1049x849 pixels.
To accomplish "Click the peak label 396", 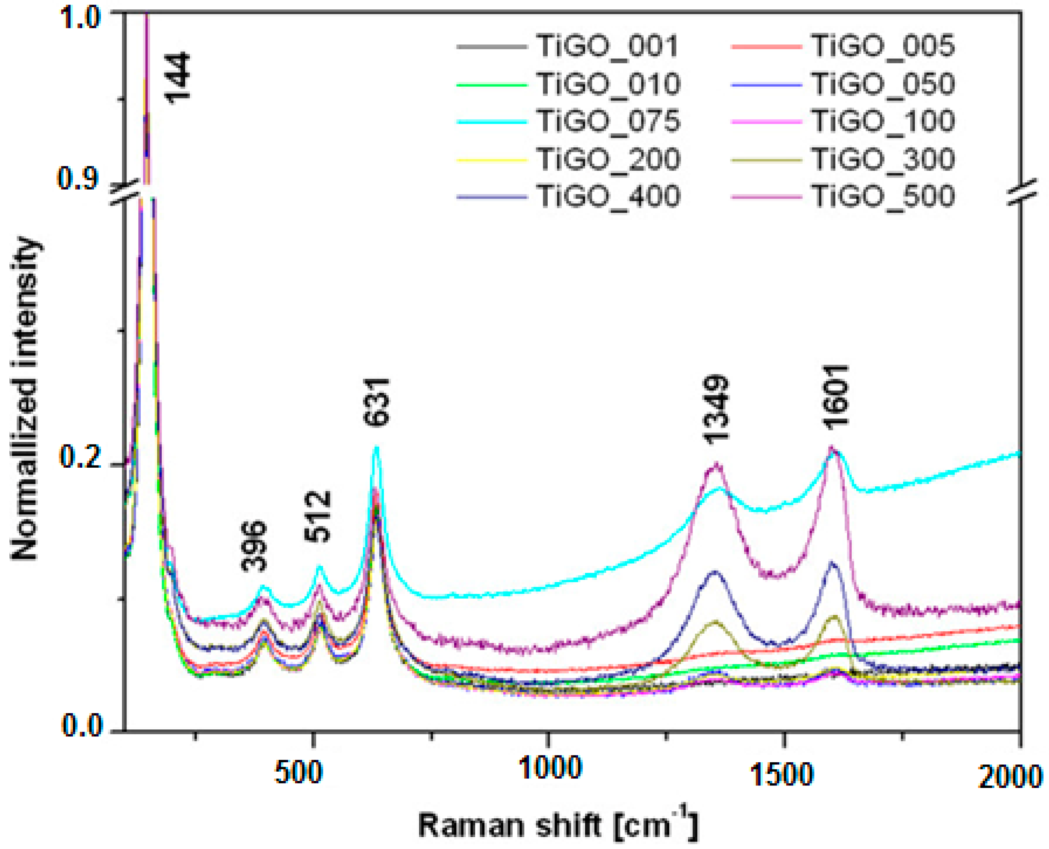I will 254,546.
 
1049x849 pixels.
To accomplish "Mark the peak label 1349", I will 717,410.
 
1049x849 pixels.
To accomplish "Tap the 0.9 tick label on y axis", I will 80,178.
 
